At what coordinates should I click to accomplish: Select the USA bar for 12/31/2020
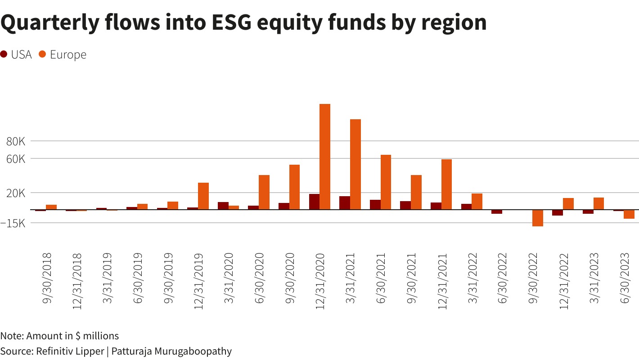314,202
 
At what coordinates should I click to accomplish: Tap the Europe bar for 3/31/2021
355,164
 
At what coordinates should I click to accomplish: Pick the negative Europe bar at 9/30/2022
538,218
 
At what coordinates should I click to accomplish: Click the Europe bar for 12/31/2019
203,196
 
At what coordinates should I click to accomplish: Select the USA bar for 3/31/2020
223,206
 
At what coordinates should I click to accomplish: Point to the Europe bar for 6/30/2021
386,182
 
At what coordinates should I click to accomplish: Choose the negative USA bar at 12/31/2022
558,212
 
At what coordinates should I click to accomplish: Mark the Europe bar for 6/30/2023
629,214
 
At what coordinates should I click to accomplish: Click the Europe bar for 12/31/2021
446,184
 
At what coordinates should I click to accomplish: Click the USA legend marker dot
4,54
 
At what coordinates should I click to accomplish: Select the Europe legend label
68,55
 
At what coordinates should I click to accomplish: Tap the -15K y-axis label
15,223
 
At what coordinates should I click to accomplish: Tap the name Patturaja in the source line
133,351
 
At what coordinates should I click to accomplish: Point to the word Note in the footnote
12,336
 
